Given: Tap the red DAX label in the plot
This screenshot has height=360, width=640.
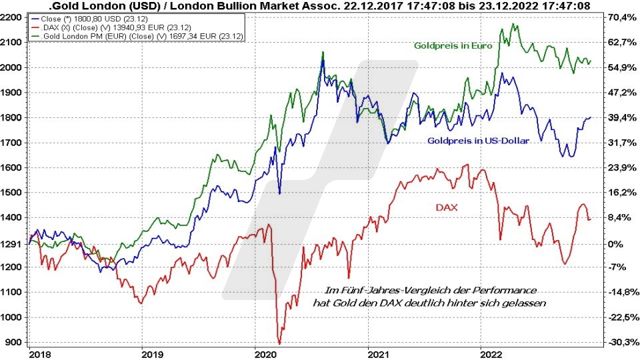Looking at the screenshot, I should point(446,208).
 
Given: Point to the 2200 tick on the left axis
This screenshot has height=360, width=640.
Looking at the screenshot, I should point(13,17).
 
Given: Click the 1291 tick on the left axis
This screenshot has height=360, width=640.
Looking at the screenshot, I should point(13,243).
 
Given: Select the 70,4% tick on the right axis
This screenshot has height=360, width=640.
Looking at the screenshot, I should point(621,17).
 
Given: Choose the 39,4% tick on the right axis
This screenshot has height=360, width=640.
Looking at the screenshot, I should point(621,117).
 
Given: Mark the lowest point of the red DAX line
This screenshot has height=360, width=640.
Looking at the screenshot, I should point(279,343).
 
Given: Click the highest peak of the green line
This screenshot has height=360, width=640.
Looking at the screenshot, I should point(513,25).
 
